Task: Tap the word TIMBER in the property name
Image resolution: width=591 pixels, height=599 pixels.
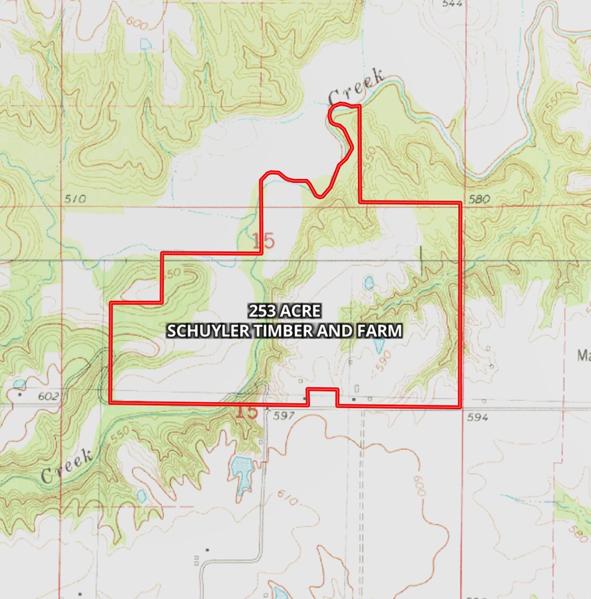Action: click(x=280, y=330)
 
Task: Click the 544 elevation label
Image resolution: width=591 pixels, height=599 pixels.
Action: click(x=452, y=3)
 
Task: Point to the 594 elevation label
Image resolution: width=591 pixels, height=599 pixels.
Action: click(x=478, y=417)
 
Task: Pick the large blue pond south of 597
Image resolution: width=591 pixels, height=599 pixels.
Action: click(x=240, y=469)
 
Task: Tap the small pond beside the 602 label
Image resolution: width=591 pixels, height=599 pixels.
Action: click(x=18, y=384)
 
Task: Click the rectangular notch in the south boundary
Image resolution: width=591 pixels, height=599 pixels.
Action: click(x=321, y=395)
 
